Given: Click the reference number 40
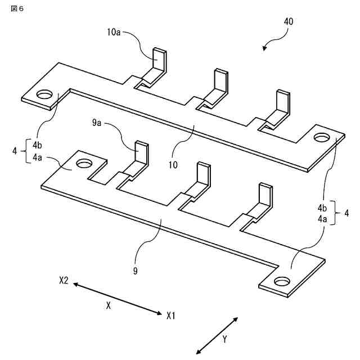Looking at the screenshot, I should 288,21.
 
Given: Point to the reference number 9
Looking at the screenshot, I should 136,271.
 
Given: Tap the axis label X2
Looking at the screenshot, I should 64,280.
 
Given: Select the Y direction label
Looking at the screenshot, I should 224,339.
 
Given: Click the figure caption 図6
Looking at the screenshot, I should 17,10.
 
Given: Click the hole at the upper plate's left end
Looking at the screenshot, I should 43,94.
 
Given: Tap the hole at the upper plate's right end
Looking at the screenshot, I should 322,137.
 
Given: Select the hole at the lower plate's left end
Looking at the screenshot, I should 84,163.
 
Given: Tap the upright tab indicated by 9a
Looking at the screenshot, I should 142,152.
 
